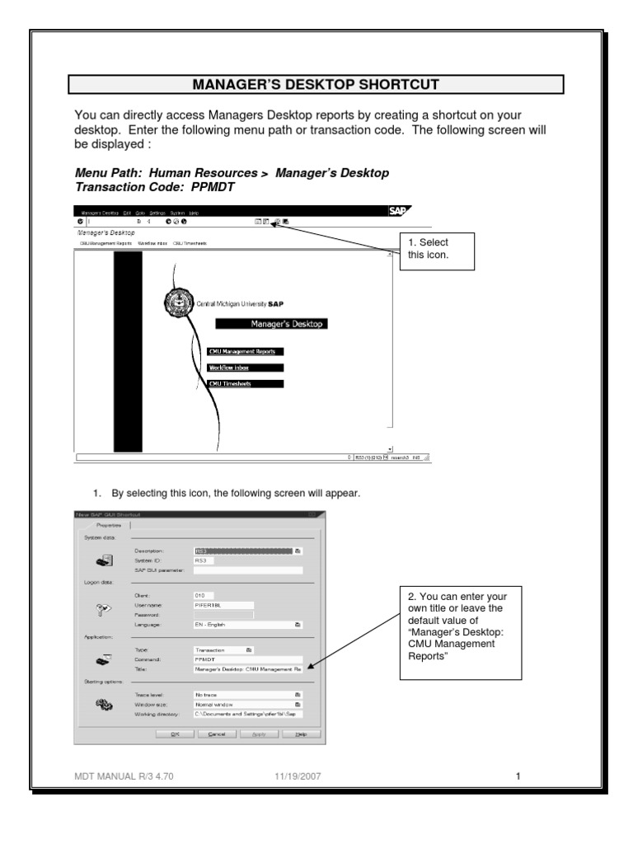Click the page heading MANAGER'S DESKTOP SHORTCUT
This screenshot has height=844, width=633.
(x=316, y=84)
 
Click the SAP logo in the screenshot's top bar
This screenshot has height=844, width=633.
(x=399, y=211)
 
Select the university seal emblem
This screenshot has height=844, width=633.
(x=176, y=303)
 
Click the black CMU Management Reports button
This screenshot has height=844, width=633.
(x=246, y=351)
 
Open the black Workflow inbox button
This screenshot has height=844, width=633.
(x=246, y=368)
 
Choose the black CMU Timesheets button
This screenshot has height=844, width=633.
(x=246, y=384)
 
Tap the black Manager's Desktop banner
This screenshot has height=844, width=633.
(x=270, y=324)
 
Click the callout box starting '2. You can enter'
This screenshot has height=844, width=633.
(x=461, y=632)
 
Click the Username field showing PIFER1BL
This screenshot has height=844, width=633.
(x=223, y=604)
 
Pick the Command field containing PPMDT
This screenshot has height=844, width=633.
(x=247, y=659)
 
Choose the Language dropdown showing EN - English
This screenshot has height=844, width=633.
(x=247, y=626)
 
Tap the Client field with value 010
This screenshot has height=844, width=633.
(x=203, y=594)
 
